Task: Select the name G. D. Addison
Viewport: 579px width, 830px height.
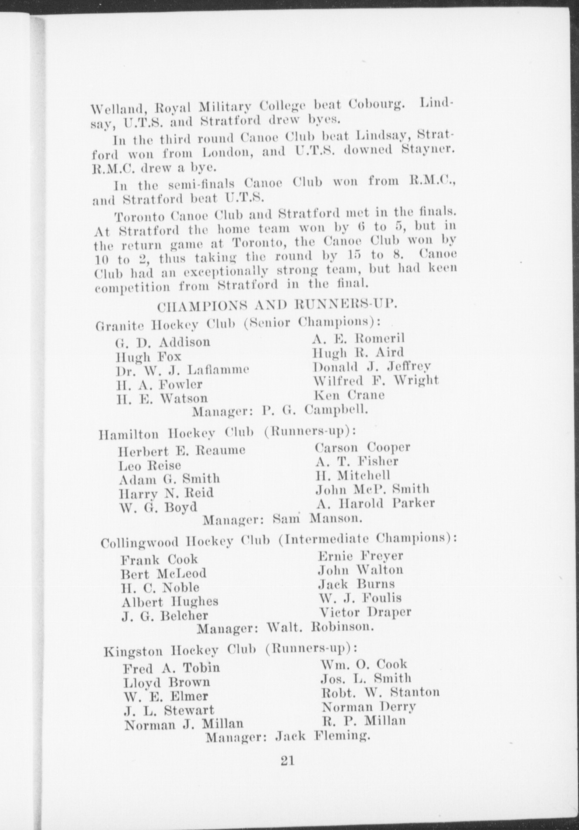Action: coord(163,342)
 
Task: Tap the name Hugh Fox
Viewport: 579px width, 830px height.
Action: coord(148,357)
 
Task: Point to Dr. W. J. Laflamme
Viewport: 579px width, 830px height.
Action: coord(182,371)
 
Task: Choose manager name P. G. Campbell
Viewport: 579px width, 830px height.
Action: coord(315,410)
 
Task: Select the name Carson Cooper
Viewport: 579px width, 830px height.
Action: coord(362,447)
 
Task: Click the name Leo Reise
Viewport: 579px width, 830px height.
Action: coord(150,465)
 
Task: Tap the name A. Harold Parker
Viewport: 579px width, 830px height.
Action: coord(375,503)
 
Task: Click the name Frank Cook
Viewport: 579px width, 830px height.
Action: coord(159,559)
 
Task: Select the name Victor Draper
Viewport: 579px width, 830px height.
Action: coord(365,612)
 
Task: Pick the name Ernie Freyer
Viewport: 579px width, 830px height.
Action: coord(361,556)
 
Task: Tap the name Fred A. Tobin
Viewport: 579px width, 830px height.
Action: coord(171,668)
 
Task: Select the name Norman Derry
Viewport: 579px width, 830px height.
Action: coord(368,706)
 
